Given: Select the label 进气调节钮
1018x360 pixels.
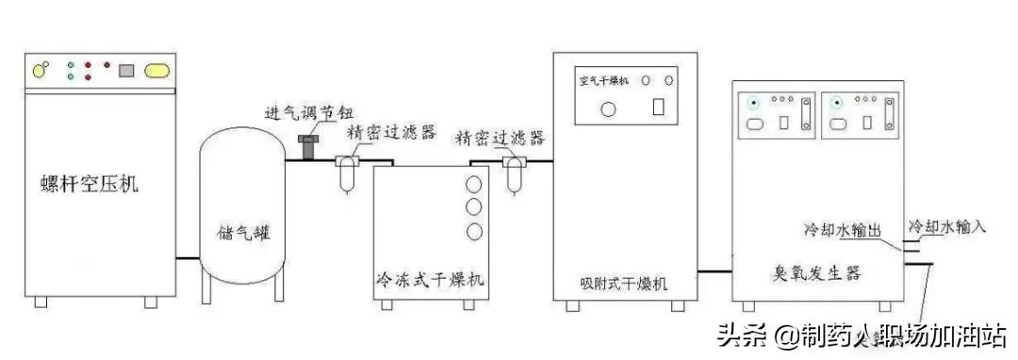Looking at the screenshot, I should (300, 115).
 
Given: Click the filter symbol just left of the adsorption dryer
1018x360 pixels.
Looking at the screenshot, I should (514, 174).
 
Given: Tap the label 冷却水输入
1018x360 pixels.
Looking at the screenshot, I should (946, 227).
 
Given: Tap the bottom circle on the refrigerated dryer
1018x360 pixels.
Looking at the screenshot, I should (473, 231).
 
